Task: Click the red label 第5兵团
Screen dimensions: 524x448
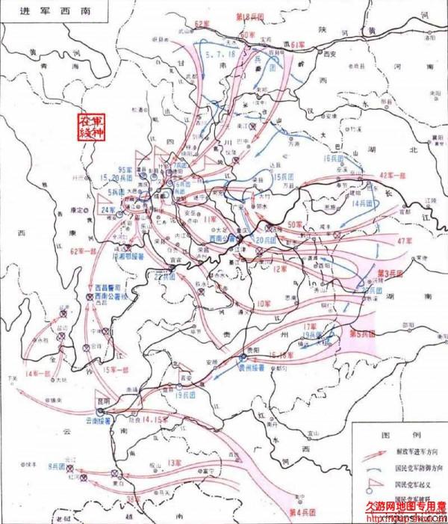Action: click(x=363, y=333)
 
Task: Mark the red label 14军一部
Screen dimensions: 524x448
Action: click(x=37, y=372)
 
